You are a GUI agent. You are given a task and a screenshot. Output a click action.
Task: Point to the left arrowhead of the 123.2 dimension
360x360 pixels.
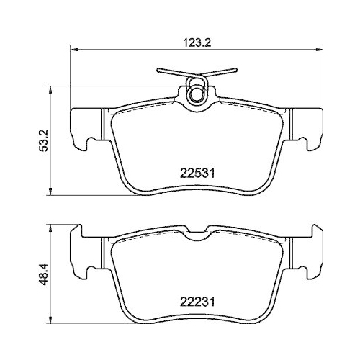click(x=73, y=50)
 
